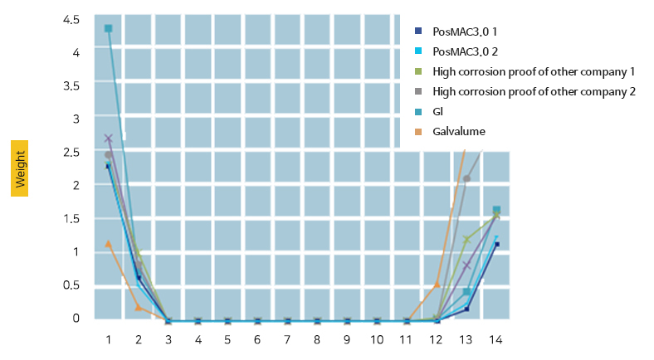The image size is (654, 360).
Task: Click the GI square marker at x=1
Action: click(x=108, y=29)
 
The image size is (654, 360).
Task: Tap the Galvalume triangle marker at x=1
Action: click(x=108, y=243)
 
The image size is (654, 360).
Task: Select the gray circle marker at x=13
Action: click(x=466, y=178)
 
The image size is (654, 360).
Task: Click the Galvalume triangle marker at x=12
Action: click(x=437, y=285)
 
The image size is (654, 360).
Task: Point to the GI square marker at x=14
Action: click(x=496, y=211)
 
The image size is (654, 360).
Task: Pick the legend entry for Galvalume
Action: click(x=459, y=131)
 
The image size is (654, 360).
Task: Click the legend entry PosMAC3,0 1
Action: click(x=470, y=32)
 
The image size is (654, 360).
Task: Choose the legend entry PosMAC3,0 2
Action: click(x=471, y=51)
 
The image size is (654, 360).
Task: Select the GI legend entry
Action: click(x=438, y=111)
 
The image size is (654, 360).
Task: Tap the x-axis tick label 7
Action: click(x=288, y=339)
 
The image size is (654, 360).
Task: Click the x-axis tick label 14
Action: click(x=496, y=339)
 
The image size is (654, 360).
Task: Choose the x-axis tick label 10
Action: click(x=377, y=339)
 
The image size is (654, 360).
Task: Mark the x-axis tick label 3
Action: click(x=168, y=339)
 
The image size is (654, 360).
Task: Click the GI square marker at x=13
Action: click(x=466, y=291)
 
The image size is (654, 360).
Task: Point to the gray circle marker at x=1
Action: click(x=108, y=155)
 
